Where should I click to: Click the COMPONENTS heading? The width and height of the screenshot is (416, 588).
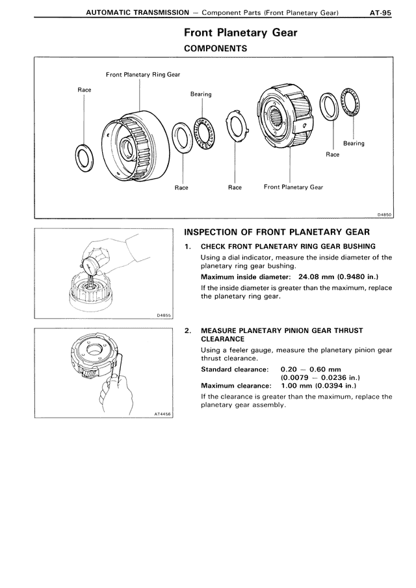[x=215, y=48]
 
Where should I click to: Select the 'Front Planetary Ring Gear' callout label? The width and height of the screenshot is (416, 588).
[x=143, y=75]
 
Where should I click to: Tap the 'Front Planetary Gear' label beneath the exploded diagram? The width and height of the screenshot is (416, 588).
[x=293, y=187]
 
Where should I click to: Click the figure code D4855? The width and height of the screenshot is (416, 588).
[x=164, y=315]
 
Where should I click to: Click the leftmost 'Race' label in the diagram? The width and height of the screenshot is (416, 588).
[x=84, y=89]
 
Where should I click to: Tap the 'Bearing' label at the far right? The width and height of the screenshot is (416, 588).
[x=354, y=144]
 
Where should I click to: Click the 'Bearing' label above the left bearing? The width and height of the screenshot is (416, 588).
[x=201, y=94]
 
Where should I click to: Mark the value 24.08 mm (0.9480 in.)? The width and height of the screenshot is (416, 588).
[x=333, y=278]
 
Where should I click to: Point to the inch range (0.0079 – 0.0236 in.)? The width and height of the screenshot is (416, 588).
[x=320, y=378]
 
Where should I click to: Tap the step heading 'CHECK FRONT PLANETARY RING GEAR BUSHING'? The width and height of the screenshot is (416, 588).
[x=288, y=247]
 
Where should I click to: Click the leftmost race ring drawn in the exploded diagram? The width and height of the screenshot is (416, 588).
[x=84, y=156]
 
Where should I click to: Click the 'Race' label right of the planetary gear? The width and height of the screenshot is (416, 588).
[x=332, y=155]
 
